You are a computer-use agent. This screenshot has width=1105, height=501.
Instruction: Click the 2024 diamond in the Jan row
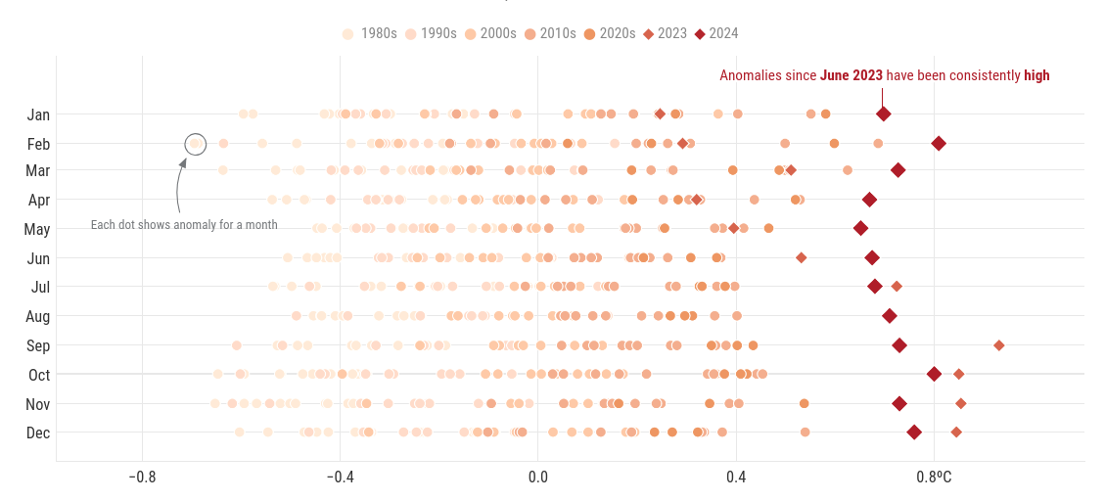coord(883,114)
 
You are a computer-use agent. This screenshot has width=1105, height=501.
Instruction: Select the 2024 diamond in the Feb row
coord(939,144)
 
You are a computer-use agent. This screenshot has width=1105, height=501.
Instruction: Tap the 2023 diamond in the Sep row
coord(998,345)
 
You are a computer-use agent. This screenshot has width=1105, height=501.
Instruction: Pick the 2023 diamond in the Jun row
coord(802,258)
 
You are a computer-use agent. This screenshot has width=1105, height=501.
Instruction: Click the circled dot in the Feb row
coord(195,145)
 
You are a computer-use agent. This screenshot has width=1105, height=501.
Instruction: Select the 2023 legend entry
coord(664,33)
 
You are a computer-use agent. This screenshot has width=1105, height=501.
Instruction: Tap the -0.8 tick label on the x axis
coord(142,477)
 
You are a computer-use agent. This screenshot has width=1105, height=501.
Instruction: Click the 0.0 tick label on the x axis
coord(537,477)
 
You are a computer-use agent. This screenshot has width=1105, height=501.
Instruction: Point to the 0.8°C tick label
coord(934,477)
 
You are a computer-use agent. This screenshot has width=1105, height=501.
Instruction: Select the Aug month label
coord(38,317)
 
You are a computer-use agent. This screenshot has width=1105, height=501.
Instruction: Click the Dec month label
coord(38,433)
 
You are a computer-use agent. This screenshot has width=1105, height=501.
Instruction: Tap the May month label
coord(37,230)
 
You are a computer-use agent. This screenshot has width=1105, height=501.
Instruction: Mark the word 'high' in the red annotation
coord(1036,75)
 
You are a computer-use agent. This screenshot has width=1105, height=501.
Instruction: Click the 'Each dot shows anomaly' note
coord(184,225)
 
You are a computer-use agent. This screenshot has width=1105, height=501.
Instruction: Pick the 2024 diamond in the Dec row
coord(914,433)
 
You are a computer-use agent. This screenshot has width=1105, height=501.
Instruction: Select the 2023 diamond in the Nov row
coord(961,403)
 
